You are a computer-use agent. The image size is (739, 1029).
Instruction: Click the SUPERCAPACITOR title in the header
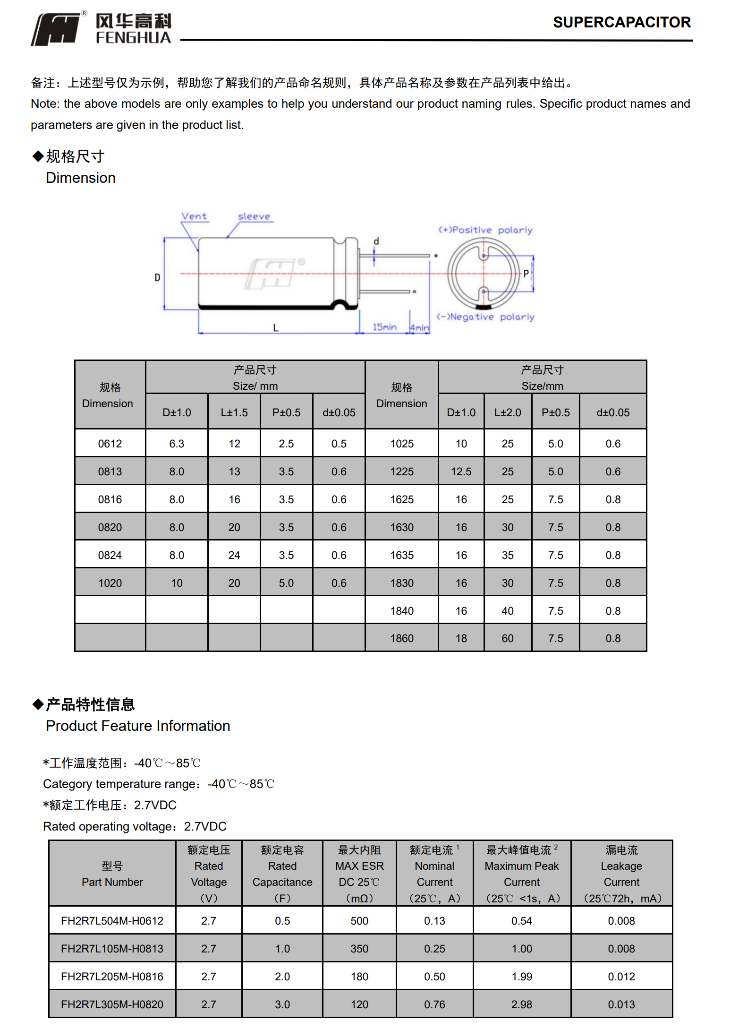[x=621, y=22]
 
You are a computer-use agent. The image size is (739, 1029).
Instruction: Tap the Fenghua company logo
[x=101, y=29]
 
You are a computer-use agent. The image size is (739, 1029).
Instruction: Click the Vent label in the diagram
[x=194, y=216]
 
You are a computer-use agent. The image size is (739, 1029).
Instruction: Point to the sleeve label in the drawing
[x=254, y=216]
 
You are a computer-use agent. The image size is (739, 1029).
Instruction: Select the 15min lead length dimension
[x=384, y=327]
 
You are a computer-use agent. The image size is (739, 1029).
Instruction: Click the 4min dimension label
[x=419, y=327]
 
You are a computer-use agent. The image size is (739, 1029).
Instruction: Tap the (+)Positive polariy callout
[x=485, y=230]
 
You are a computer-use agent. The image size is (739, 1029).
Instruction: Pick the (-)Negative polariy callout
[x=485, y=317]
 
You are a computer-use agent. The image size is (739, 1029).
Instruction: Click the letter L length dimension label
[x=276, y=327]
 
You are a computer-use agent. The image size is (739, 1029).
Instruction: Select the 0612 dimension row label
[x=110, y=444]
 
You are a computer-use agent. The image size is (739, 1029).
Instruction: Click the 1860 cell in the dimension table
[x=402, y=638]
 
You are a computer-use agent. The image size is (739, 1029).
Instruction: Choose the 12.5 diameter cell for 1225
[x=461, y=472]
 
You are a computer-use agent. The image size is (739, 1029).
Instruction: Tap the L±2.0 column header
[x=508, y=412]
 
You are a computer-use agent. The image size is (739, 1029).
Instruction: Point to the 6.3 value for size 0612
[x=177, y=444]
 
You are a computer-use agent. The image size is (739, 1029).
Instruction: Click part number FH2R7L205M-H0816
[x=112, y=977]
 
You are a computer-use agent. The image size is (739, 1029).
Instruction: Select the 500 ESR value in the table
[x=359, y=921]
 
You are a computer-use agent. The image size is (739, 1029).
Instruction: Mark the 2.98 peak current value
[x=522, y=1004]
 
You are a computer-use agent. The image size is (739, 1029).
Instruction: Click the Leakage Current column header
[x=621, y=874]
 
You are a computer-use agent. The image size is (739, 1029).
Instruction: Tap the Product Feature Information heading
[x=138, y=726]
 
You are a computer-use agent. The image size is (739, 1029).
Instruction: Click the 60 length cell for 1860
[x=508, y=638]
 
